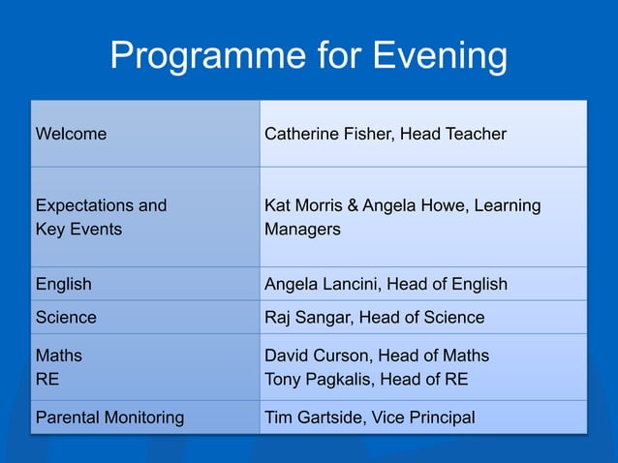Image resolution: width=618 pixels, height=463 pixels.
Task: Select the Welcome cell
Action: click(x=71, y=134)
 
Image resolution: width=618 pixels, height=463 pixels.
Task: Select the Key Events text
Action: click(x=78, y=230)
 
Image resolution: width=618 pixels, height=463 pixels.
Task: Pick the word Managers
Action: click(x=302, y=230)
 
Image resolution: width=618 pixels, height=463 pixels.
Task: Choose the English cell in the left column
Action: click(x=64, y=284)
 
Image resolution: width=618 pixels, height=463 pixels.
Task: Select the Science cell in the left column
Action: click(x=66, y=317)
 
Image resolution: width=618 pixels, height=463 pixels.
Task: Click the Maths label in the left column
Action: click(x=58, y=355)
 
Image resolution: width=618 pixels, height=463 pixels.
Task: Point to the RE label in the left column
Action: click(x=46, y=379)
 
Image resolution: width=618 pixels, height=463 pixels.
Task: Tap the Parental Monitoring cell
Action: click(x=109, y=417)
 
